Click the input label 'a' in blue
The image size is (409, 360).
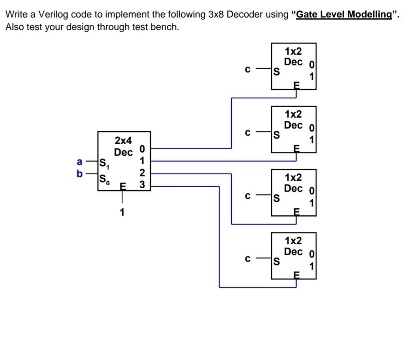pos(80,162)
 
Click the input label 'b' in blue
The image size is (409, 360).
pos(80,174)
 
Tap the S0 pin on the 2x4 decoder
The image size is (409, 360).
pos(104,180)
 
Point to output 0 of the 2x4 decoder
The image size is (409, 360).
pos(142,149)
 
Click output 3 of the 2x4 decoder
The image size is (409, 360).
pos(142,185)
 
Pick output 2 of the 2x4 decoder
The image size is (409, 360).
pos(142,173)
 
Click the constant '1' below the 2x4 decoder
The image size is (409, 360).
pos(122,212)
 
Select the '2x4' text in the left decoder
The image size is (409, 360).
pos(123,140)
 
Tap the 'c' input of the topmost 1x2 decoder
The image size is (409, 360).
pos(247,69)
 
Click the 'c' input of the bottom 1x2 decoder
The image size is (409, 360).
pos(247,259)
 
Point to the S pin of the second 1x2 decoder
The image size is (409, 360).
pos(276,135)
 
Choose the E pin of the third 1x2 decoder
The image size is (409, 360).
pos(296,212)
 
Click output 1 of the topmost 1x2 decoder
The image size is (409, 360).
pos(311,76)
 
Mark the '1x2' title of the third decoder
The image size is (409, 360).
pos(293,177)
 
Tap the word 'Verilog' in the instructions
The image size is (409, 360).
pos(54,14)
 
